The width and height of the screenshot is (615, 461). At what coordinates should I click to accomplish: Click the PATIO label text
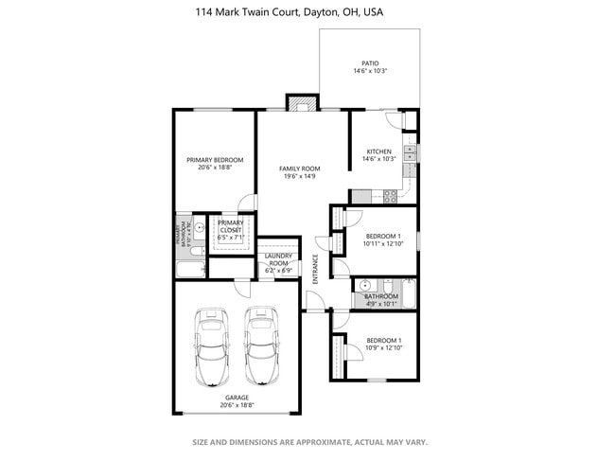(x=371, y=63)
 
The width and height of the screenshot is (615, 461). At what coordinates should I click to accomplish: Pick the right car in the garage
(x=261, y=346)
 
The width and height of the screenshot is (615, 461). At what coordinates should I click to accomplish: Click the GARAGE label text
(x=237, y=398)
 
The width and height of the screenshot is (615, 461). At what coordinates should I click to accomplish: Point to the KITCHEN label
(x=379, y=151)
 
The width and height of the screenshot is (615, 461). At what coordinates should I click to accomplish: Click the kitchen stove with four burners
(x=388, y=196)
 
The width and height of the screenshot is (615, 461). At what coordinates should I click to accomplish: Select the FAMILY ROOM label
(x=299, y=168)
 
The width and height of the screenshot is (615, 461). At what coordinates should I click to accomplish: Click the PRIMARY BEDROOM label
(x=214, y=160)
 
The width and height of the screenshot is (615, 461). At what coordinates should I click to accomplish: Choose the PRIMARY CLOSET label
(x=231, y=226)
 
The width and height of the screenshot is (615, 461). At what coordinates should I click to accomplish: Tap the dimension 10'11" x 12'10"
(x=383, y=243)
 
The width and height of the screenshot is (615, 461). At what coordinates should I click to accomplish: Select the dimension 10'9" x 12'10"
(x=383, y=347)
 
